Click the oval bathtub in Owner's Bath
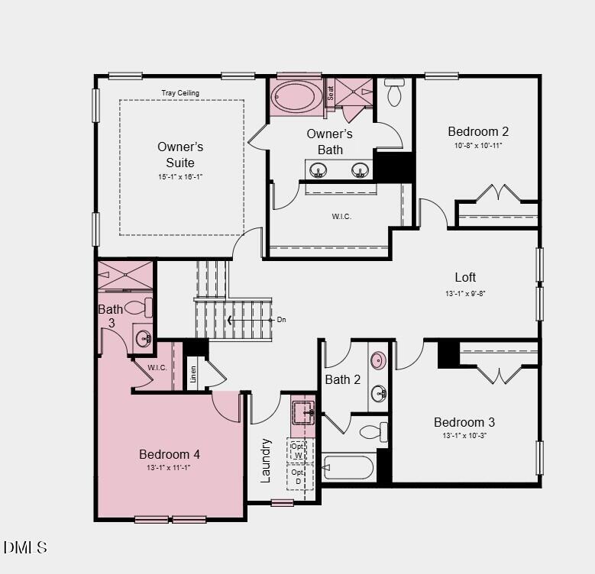(297, 97)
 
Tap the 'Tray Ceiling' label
(180, 93)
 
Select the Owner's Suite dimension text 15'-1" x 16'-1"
(180, 176)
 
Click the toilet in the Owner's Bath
(395, 92)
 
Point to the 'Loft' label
(465, 277)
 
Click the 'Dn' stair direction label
(281, 320)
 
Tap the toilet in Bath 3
(139, 308)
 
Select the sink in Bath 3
(143, 338)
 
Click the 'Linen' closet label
(194, 374)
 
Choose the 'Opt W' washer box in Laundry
(298, 450)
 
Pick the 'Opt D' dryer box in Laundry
(298, 477)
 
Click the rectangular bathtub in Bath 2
(348, 466)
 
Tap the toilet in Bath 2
(373, 432)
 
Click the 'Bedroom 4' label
(169, 454)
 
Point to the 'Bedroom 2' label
(478, 131)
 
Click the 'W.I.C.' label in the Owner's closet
(341, 216)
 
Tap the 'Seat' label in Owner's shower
(331, 93)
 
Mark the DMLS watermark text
(25, 547)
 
